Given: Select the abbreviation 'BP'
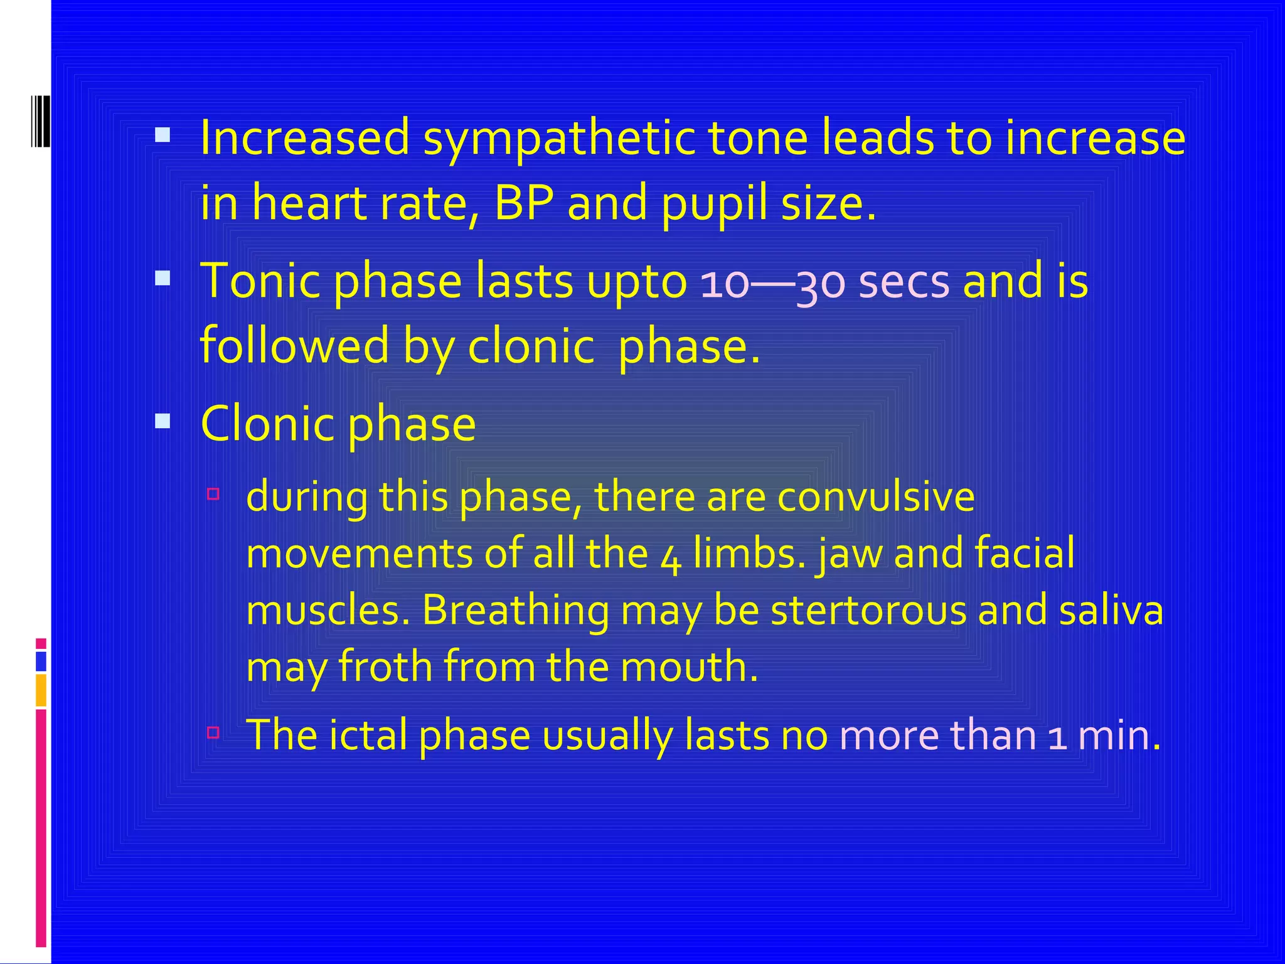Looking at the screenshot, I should pyautogui.click(x=524, y=204).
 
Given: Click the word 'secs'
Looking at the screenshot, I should pyautogui.click(x=904, y=282).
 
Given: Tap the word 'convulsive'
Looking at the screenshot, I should pyautogui.click(x=875, y=497).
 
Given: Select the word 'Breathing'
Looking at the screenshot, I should pyautogui.click(x=515, y=611).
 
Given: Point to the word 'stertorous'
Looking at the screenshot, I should pyautogui.click(x=868, y=611).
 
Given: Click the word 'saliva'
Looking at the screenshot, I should pyautogui.click(x=1111, y=611).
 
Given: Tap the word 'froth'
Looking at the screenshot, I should pyautogui.click(x=385, y=666).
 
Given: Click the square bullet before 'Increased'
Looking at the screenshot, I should pyautogui.click(x=163, y=134).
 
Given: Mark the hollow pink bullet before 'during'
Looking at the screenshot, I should pyautogui.click(x=213, y=494).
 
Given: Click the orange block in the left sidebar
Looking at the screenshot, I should pyautogui.click(x=41, y=690).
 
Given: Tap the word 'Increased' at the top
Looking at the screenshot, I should pyautogui.click(x=305, y=137).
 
